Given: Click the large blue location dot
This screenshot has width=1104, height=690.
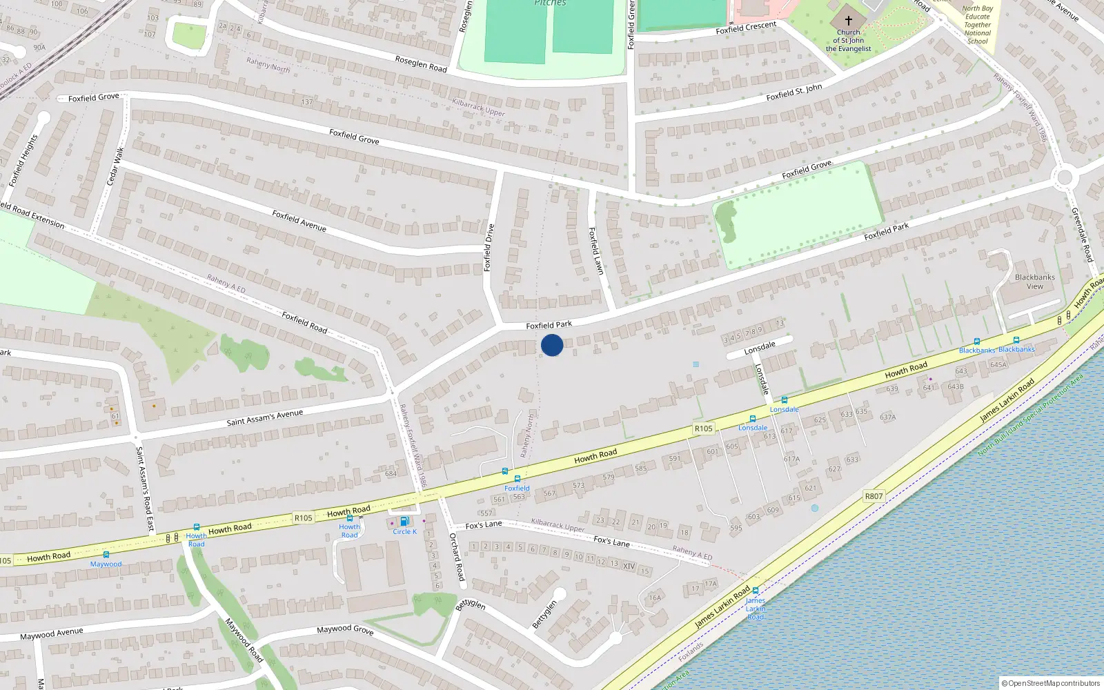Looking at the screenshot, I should (552, 345).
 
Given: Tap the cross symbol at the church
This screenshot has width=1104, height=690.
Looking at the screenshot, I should (849, 21).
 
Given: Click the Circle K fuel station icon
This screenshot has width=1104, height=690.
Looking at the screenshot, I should (404, 522).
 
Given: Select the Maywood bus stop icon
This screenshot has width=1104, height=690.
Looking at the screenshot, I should (106, 555).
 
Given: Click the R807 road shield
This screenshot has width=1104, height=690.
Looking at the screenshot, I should (874, 496).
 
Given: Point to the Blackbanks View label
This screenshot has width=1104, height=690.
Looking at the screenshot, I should (1035, 282).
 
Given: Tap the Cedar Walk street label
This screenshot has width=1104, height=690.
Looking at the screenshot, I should (115, 166).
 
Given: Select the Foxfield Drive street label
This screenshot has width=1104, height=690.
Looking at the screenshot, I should (489, 247).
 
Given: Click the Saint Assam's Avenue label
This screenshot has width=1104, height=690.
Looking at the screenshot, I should (265, 417).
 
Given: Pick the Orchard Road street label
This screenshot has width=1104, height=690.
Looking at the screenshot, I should (457, 557).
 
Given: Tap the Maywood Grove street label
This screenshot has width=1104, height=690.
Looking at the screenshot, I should (345, 629).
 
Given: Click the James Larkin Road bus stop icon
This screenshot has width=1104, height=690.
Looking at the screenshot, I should (756, 591).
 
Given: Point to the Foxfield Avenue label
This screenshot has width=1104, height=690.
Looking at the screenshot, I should (299, 221).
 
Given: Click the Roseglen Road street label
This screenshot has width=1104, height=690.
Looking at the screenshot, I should (421, 64).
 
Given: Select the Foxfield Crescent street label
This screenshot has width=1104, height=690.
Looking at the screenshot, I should (746, 28).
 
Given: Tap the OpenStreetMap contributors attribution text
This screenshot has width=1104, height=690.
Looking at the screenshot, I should (1051, 683).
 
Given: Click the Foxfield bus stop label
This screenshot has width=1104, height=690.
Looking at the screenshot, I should (517, 488).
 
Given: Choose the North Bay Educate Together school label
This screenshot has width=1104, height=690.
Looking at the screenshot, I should (978, 25).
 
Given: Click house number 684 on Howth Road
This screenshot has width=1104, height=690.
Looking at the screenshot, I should (391, 473).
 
